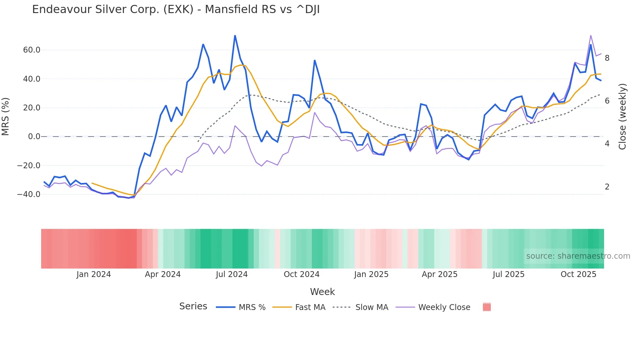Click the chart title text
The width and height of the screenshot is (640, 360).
click(x=176, y=9)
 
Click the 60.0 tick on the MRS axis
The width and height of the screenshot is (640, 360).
click(x=31, y=50)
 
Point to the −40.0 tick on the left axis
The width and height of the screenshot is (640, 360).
click(x=29, y=194)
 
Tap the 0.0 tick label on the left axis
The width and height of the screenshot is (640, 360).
click(x=34, y=137)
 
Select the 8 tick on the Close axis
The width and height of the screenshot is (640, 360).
click(x=607, y=58)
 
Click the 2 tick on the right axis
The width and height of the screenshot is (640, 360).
click(x=607, y=187)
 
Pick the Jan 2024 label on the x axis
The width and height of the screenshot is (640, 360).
click(x=93, y=274)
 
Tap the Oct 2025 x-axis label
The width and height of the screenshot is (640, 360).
click(x=578, y=274)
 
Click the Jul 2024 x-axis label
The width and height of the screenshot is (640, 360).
click(x=232, y=274)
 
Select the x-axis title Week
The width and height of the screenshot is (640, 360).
click(x=322, y=291)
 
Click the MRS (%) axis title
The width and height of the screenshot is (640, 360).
click(x=6, y=116)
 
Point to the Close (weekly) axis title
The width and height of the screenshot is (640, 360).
click(x=622, y=116)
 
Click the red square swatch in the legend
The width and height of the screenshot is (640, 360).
click(x=487, y=307)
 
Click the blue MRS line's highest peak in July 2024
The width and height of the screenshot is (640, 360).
click(x=235, y=35)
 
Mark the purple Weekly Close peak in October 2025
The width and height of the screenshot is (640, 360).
click(x=591, y=35)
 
